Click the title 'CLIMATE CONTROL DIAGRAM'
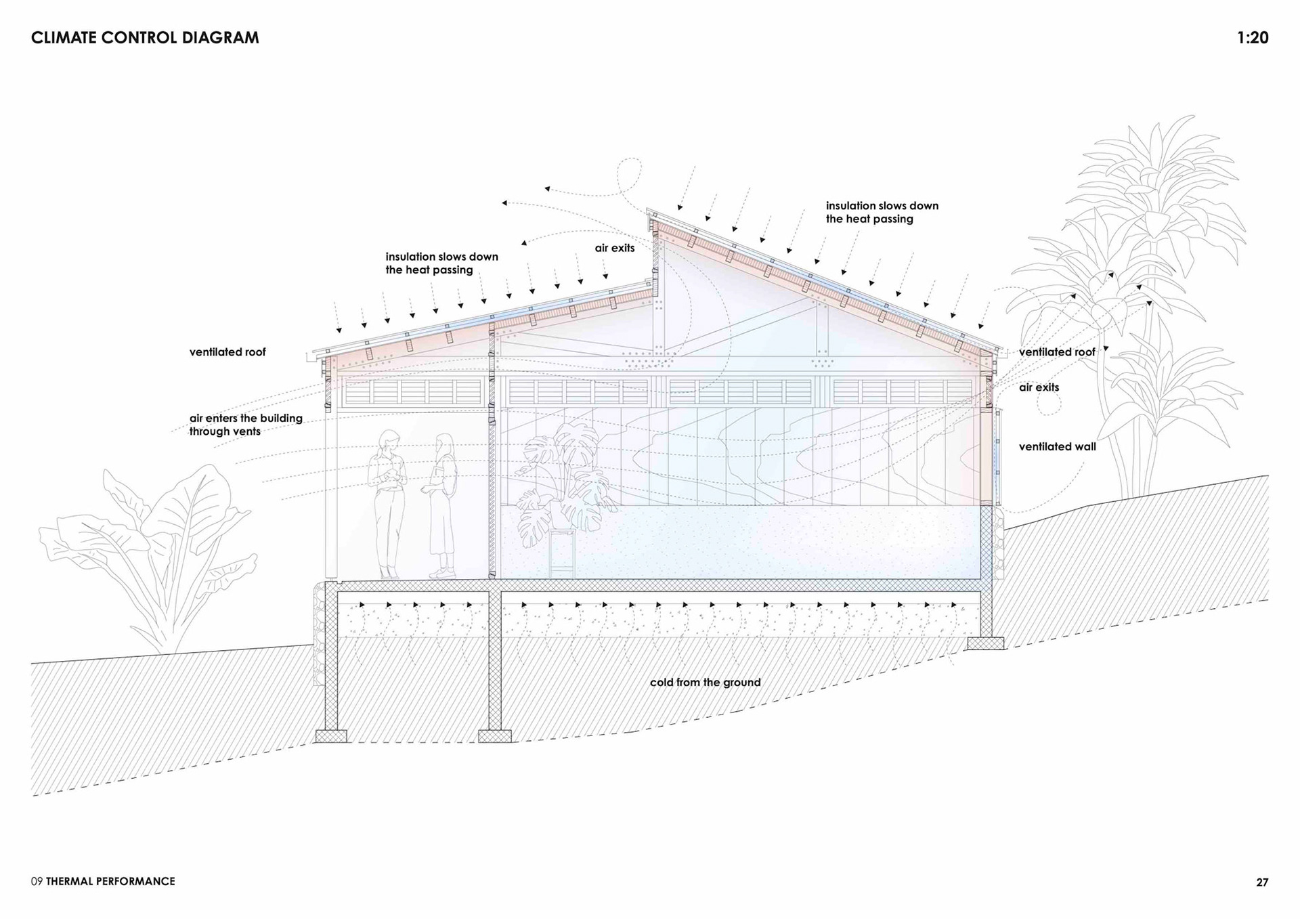[145, 38]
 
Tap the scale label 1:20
[1252, 38]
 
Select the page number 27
[1262, 882]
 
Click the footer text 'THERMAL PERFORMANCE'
[110, 881]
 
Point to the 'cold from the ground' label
[705, 682]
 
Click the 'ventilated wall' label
[1057, 446]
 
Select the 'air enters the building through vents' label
[245, 425]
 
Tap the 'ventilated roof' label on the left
[227, 352]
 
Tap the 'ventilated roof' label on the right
[1056, 352]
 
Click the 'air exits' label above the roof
[615, 248]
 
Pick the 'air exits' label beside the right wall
[1039, 387]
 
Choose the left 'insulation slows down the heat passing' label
[441, 263]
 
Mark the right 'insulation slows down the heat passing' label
[882, 212]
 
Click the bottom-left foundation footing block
[331, 736]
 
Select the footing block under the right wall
[985, 643]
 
